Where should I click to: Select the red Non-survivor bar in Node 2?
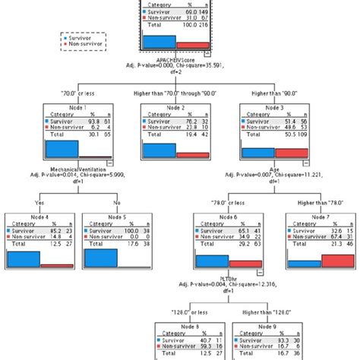pos(191,154)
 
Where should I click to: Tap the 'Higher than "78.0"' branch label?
pos(317,204)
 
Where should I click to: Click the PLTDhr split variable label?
pos(226,277)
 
